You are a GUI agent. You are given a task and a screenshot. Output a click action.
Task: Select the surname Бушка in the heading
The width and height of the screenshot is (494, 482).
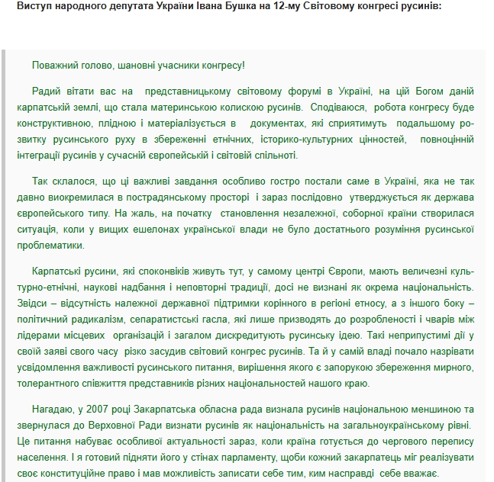coord(228,8)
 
